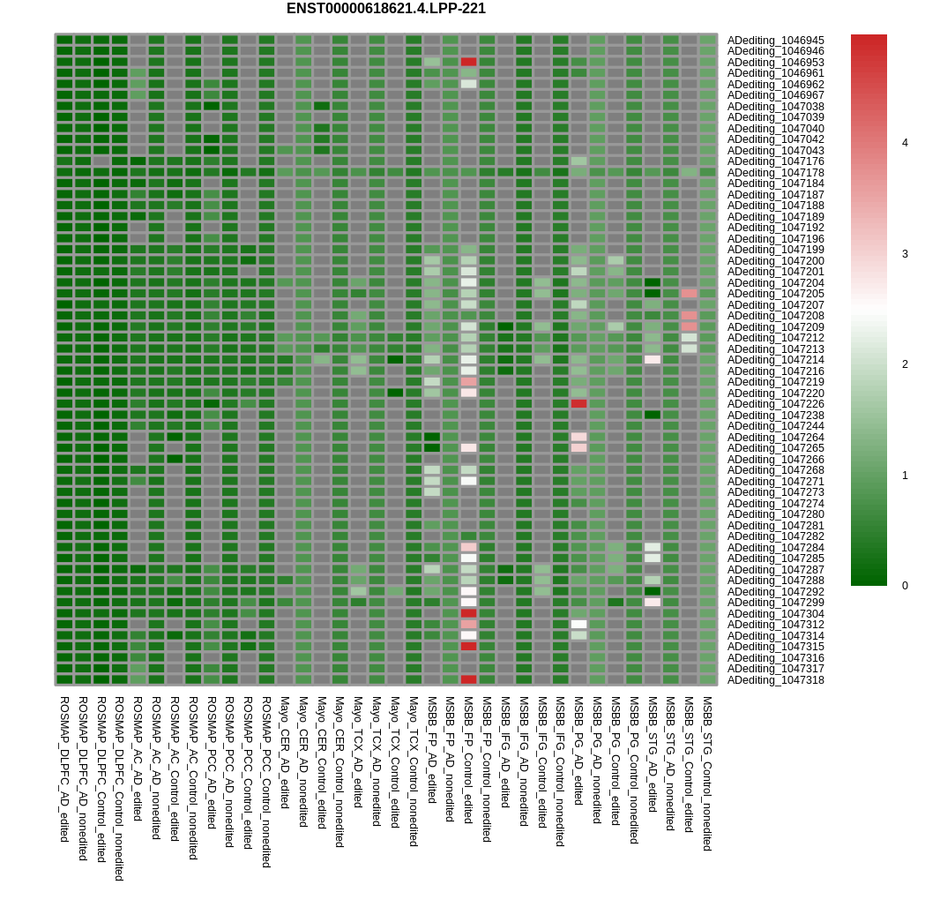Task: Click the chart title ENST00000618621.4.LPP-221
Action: coord(385,9)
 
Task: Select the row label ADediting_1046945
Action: coord(775,41)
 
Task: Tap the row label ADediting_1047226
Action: coord(775,404)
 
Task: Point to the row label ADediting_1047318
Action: coord(775,680)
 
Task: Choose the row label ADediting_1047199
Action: coord(775,250)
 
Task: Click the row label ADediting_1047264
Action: coord(775,438)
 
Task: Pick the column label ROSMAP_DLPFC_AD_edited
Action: coord(64,768)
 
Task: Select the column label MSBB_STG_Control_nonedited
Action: coord(707,773)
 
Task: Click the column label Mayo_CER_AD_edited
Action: coord(285,753)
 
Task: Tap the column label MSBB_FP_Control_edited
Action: coord(468,760)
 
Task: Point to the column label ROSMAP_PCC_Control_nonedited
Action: coord(266,782)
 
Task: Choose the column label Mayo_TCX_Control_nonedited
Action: coord(413,771)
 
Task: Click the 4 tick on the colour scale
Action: coord(905,143)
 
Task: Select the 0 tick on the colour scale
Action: coord(905,586)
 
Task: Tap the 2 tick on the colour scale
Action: coord(905,364)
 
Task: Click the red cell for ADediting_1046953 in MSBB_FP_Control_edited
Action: coord(468,62)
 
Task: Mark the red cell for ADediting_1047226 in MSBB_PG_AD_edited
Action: coord(578,404)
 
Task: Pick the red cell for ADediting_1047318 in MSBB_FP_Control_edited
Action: coord(468,680)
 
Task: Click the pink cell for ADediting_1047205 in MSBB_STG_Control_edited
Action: coord(689,294)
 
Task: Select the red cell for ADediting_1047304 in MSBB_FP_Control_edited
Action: coord(468,613)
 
